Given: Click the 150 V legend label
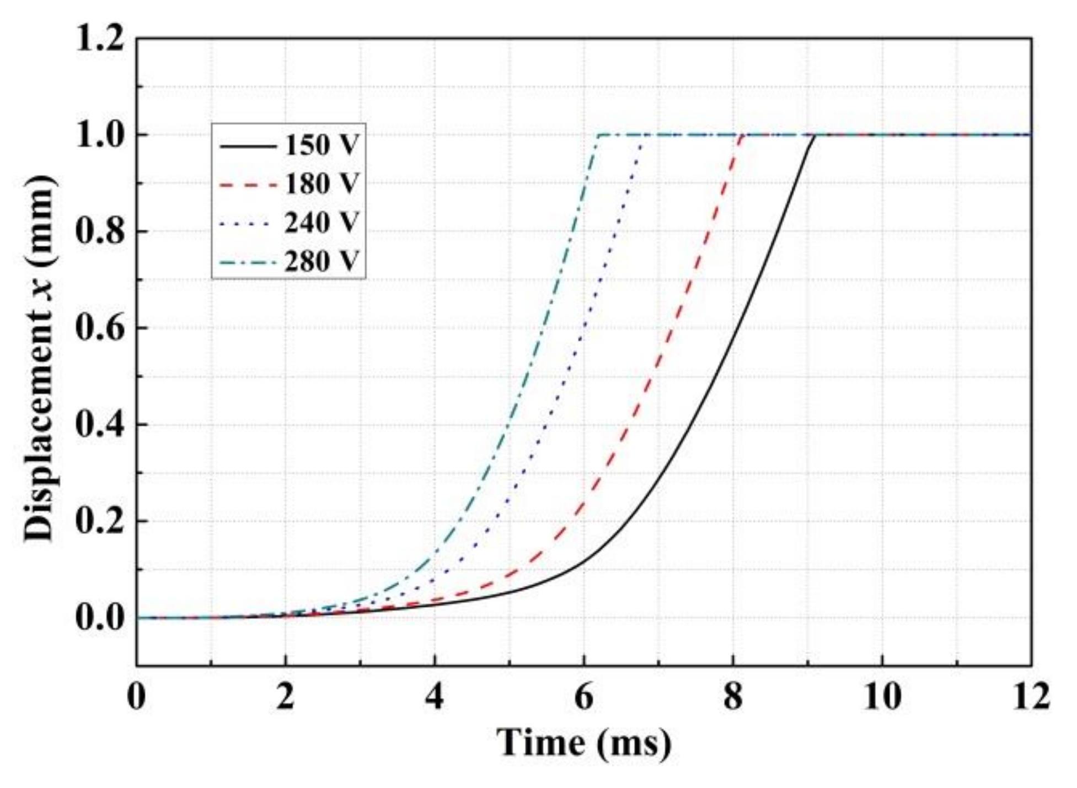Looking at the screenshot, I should tap(322, 145).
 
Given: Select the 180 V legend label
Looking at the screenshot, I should tap(322, 183).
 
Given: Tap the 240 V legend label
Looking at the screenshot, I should tap(322, 223).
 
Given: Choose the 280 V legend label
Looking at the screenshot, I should tap(322, 261).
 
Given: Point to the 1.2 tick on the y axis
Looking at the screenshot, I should tap(99, 40).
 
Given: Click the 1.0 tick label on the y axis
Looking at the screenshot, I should tap(99, 136).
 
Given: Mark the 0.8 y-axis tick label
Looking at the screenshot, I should tap(99, 232).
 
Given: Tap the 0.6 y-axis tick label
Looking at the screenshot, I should tap(99, 328).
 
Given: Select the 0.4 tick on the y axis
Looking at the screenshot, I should tap(99, 425).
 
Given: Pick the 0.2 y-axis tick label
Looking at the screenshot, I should tap(99, 521).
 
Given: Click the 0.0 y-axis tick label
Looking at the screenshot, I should tap(99, 618).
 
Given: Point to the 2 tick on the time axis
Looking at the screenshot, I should tap(286, 697).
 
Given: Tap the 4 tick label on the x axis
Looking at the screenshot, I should tap(435, 697).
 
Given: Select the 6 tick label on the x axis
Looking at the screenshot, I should tap(584, 697).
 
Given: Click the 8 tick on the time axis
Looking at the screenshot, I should tap(733, 697).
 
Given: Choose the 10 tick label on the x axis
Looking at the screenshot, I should tap(882, 697).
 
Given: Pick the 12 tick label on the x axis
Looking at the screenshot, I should tap(1030, 697).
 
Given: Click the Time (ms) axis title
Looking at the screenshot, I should tap(584, 742).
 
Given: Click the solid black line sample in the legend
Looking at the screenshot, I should tap(248, 146).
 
